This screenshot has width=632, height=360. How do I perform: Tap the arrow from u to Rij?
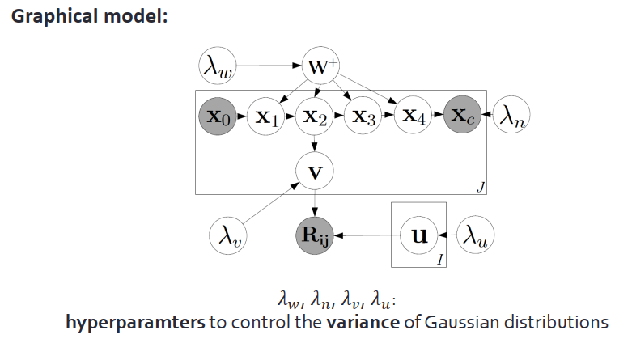coord(368,235)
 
